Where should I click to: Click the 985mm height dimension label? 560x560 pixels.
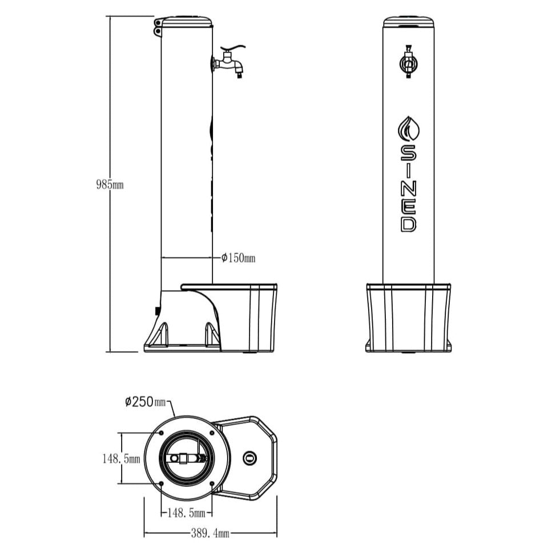[110, 185]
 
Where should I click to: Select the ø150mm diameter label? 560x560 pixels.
[238, 258]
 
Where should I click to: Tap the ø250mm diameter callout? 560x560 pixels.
[146, 401]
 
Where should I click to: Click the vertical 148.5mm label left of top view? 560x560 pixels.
[121, 458]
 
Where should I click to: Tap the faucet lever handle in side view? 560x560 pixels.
[235, 50]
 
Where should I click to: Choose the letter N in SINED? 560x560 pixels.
[408, 187]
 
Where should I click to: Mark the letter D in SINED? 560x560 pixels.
[408, 224]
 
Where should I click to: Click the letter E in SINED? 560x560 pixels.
[408, 206]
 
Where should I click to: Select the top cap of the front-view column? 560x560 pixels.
[408, 22]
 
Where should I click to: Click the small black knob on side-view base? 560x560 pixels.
[158, 311]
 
